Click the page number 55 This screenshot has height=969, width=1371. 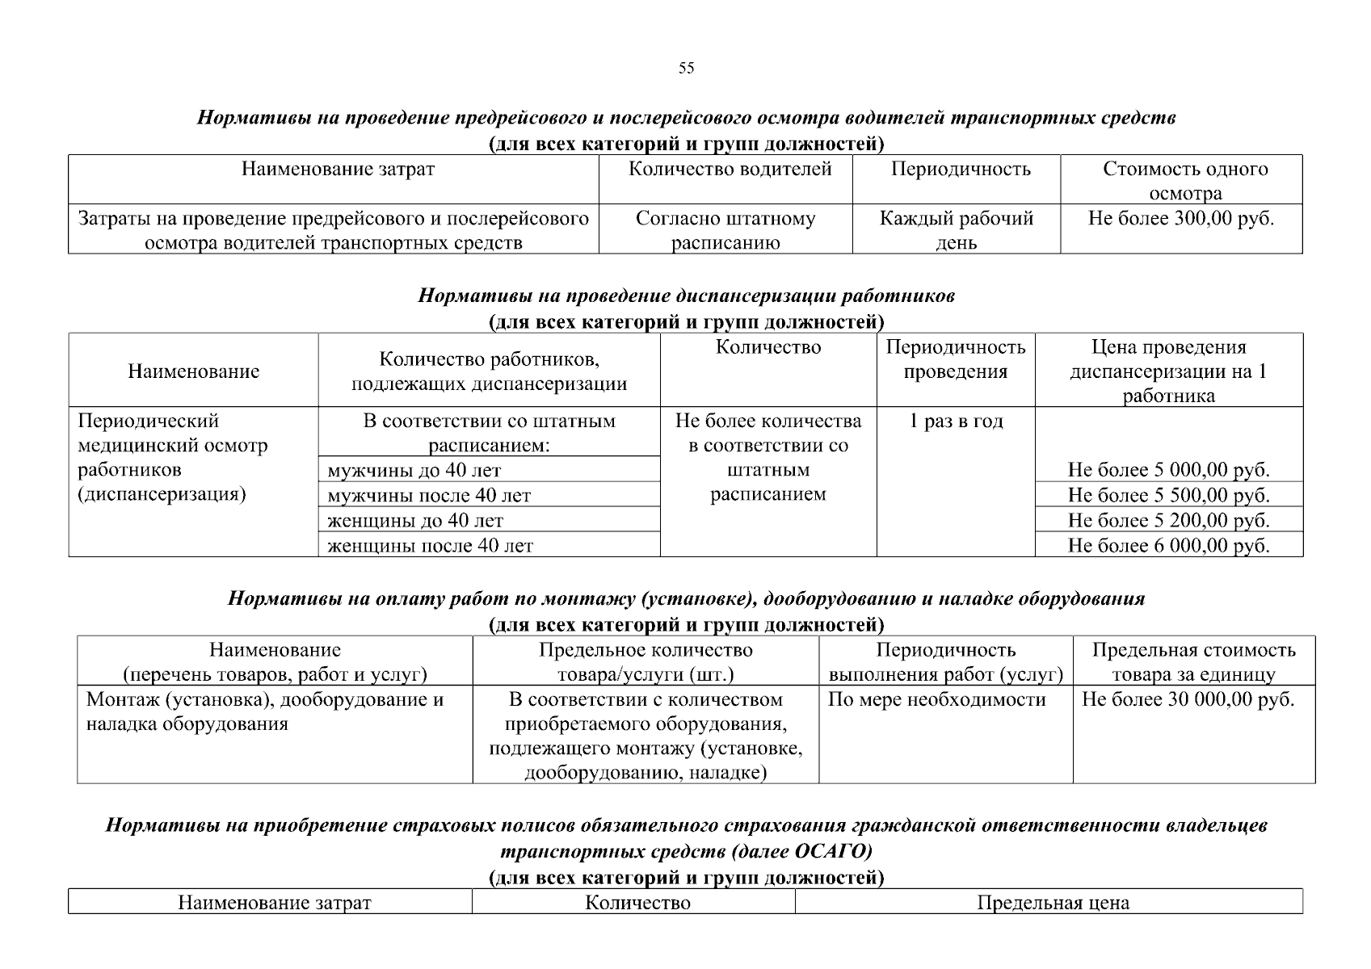point(686,69)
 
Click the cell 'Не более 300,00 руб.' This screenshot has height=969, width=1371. point(1180,219)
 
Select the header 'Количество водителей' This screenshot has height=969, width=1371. point(730,170)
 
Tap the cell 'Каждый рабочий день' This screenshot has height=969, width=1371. point(956,230)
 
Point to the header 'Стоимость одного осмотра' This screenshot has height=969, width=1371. point(1184,181)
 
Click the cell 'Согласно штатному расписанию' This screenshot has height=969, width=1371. point(725,230)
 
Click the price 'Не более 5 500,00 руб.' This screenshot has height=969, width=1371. point(1168,495)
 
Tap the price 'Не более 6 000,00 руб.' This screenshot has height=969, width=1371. point(1168,546)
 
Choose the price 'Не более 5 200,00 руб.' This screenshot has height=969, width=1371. point(1168,520)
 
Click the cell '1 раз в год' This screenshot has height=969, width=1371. point(956,422)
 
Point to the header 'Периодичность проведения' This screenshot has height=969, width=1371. point(956,359)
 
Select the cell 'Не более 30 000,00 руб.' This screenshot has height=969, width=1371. point(1188,700)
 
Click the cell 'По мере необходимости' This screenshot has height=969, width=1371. point(936,700)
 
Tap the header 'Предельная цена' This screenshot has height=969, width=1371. point(1053,903)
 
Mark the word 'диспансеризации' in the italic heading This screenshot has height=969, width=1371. point(755,296)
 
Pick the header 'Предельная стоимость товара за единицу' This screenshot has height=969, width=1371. point(1193,662)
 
